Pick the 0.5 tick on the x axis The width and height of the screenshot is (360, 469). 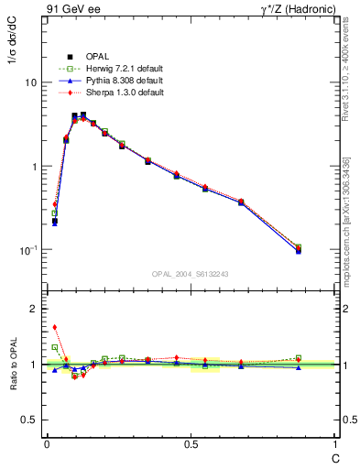pyautogui.click(x=191, y=445)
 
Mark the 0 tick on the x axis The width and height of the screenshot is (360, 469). pyautogui.click(x=47, y=445)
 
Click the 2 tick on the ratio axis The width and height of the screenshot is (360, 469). pyautogui.click(x=34, y=309)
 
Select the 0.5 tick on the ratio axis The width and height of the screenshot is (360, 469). pyautogui.click(x=29, y=420)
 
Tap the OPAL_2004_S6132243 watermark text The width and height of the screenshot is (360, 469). pyautogui.click(x=191, y=274)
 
